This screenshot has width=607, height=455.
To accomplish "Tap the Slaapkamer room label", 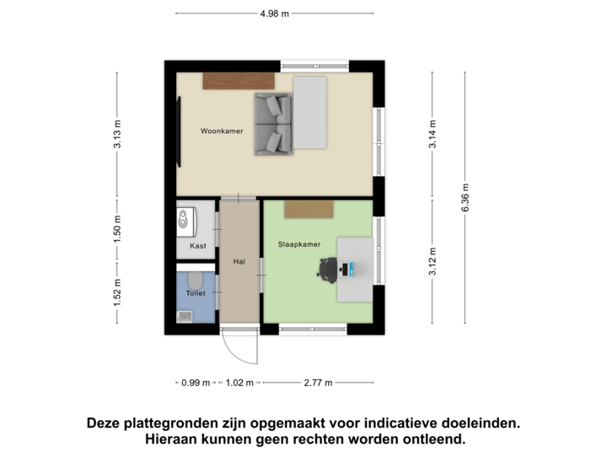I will [299, 244].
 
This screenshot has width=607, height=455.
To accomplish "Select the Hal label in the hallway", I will [239, 261].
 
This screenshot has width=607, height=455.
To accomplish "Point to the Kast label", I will [198, 246].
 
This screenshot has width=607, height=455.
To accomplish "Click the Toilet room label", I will [196, 293].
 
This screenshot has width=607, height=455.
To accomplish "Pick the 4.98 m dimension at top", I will [274, 13].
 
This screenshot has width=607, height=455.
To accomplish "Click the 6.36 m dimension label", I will [465, 198].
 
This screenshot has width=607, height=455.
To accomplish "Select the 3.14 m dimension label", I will [432, 135].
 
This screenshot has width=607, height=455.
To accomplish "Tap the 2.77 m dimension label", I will [319, 383].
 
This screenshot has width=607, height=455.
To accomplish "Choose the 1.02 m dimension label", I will [239, 383].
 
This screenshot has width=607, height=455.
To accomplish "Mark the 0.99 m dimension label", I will [196, 383].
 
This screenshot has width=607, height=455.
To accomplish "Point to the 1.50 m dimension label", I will [118, 229].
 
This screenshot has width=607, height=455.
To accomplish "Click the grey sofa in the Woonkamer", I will [273, 124].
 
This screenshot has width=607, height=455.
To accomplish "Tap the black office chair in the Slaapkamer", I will [326, 268].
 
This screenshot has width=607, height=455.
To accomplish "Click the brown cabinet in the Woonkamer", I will [239, 80].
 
